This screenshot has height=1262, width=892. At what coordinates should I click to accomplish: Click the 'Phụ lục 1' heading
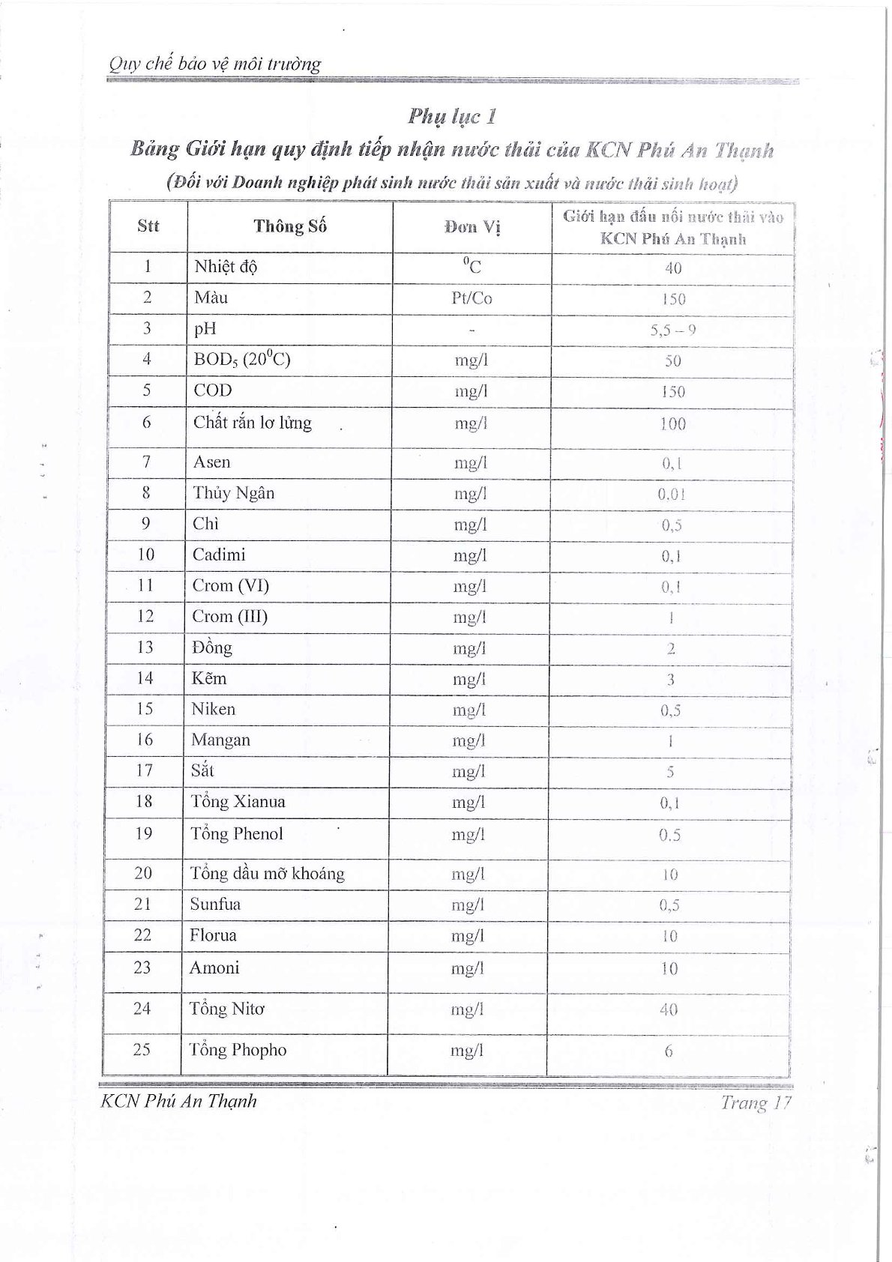pos(452,116)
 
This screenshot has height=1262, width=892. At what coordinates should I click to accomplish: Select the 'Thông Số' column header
pos(290,226)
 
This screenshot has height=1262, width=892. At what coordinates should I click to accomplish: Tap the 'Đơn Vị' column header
pos(471,227)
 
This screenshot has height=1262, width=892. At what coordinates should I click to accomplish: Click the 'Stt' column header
pos(148,226)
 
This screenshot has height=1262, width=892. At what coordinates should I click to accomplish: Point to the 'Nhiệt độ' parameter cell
pos(226,267)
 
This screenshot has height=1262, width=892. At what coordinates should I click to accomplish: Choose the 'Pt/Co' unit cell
pos(471,298)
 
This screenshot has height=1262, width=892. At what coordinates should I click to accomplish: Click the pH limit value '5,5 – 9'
pos(672,330)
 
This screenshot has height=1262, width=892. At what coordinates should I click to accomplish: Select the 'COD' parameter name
pos(213,390)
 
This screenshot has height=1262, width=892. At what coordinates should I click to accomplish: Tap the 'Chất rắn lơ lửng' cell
pos(252,423)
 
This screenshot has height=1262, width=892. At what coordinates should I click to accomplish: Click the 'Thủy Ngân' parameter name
pos(233,493)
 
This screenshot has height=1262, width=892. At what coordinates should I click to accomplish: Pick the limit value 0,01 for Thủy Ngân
pos(672,495)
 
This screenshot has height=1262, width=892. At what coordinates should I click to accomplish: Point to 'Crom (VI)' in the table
pos(231,585)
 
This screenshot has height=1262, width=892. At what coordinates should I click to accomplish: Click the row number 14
pos(145,678)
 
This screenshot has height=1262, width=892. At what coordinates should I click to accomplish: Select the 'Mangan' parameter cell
pos(220,740)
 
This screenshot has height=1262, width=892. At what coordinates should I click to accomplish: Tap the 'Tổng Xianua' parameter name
pos(238,802)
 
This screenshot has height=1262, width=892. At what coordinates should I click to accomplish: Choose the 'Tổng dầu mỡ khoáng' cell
pos(267,874)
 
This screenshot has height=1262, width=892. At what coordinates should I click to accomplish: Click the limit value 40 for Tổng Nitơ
pos(669,1010)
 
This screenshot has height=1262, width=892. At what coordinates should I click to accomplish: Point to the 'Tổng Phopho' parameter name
pos(238,1050)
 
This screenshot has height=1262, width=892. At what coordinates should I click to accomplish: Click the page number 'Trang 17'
pos(756,1102)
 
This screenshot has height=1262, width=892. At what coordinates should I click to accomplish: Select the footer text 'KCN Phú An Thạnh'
pos(178,1101)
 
